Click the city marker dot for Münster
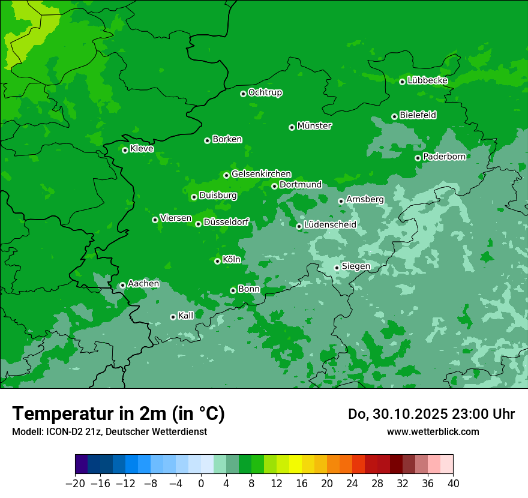point(292,127)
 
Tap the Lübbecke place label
point(427,80)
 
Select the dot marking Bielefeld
point(394,116)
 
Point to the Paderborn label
point(444,157)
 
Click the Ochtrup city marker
point(243,94)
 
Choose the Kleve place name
point(142,149)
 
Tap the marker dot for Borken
point(207,140)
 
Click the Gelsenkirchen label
point(261,174)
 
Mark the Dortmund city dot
point(274,186)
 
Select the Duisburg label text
point(218,196)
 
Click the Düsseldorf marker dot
point(198,224)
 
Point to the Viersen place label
point(175,218)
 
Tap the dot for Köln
point(217,261)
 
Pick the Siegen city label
point(356,266)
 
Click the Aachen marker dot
point(122,285)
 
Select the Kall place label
point(186,316)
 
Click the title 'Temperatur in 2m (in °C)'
point(118,414)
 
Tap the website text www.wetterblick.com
point(433,431)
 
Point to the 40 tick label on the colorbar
point(453,484)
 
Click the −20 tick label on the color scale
point(75,484)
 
